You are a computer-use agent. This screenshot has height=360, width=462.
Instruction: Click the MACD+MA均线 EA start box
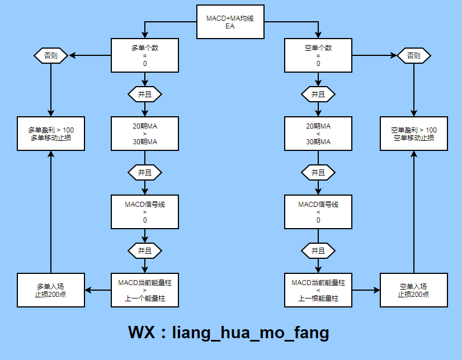(x=230, y=22)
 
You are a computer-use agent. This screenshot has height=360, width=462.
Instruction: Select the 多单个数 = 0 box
(x=145, y=56)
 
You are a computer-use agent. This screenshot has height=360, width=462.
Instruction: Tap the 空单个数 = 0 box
(x=318, y=56)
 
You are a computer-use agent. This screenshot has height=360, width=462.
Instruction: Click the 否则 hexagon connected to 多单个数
(x=51, y=56)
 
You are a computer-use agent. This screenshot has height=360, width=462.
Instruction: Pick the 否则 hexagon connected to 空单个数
(x=414, y=56)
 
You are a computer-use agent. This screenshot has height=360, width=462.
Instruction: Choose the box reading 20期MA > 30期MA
(x=145, y=134)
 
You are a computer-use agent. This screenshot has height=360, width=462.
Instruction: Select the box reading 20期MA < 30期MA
(x=318, y=134)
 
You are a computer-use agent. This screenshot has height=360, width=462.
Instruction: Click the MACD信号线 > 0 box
(x=145, y=212)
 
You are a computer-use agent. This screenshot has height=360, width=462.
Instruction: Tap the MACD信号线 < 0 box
(x=318, y=212)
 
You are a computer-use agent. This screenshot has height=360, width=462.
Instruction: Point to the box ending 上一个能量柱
(x=145, y=290)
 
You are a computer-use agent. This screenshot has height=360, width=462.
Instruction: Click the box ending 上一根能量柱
(x=318, y=290)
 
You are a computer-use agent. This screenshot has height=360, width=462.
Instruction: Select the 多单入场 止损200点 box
(x=51, y=290)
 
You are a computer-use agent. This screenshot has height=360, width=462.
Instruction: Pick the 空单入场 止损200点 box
(x=414, y=290)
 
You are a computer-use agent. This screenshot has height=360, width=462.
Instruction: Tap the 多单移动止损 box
(x=51, y=134)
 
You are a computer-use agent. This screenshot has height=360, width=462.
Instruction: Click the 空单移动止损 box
(x=414, y=134)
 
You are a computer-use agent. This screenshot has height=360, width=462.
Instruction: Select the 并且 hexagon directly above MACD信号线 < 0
(x=318, y=172)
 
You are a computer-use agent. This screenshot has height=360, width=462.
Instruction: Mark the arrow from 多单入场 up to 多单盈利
(x=51, y=212)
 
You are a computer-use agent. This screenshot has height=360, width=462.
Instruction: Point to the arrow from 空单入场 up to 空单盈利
(x=414, y=212)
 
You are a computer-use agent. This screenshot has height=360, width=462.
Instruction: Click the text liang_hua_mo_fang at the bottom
(x=250, y=333)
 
